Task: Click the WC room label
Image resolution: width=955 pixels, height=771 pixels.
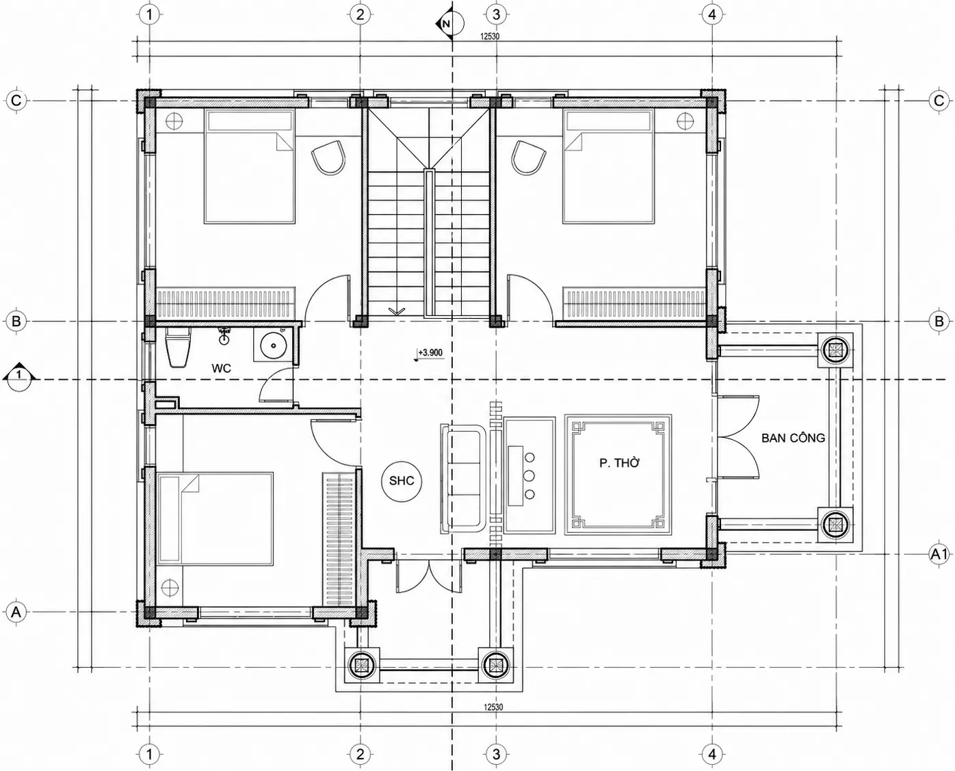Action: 221,369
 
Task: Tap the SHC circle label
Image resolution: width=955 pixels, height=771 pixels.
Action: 402,481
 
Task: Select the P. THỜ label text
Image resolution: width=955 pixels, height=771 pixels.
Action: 619,463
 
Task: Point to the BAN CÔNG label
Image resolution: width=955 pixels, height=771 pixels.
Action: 793,438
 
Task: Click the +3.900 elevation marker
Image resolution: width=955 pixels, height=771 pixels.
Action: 430,353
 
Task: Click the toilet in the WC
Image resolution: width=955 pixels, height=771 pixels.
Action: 178,348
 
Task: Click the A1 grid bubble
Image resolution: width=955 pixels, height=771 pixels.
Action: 939,555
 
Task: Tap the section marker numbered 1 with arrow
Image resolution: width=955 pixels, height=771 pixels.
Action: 19,374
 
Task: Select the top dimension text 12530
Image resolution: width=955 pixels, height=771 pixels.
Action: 490,36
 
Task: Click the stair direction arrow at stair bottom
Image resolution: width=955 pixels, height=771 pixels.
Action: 397,311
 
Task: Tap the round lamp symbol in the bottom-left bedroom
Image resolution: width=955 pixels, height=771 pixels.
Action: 169,586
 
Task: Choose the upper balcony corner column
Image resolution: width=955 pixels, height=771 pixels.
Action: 835,350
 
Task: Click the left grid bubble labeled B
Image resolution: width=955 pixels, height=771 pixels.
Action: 16,322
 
